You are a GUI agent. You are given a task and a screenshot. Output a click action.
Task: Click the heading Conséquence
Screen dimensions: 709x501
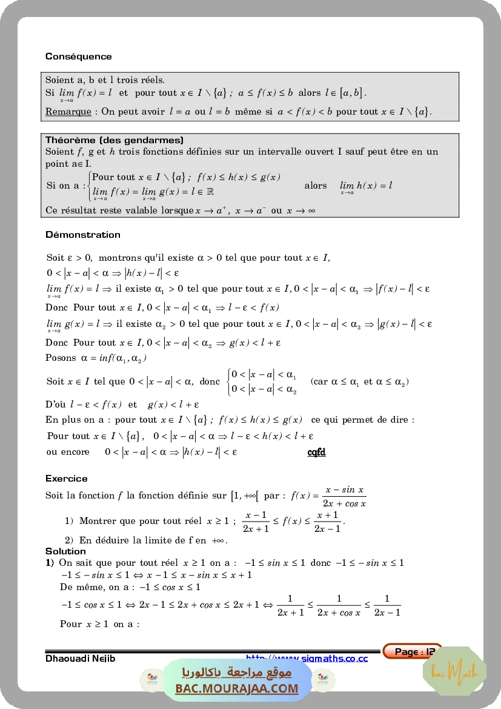click(x=79, y=56)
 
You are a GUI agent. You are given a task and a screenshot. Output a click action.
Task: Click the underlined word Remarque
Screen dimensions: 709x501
click(x=68, y=112)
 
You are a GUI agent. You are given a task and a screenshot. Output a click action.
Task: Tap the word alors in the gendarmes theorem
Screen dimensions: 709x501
click(x=316, y=186)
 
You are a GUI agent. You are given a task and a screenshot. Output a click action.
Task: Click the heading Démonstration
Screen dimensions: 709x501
click(x=83, y=235)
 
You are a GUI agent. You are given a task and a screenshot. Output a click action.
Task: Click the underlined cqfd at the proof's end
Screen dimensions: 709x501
click(x=316, y=452)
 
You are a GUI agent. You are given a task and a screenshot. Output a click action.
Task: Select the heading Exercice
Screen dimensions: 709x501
click(x=67, y=479)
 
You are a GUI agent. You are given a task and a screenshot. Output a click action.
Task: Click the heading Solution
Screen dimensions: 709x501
click(x=65, y=551)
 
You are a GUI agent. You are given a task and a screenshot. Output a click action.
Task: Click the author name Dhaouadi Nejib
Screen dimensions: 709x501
click(x=81, y=659)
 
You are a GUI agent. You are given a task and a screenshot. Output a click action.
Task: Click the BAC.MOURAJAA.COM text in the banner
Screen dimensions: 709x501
click(x=237, y=688)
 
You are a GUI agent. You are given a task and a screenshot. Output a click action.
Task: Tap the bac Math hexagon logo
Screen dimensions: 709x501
click(x=454, y=671)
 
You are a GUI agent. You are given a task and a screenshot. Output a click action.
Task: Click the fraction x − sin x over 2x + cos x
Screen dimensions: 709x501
click(x=345, y=496)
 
